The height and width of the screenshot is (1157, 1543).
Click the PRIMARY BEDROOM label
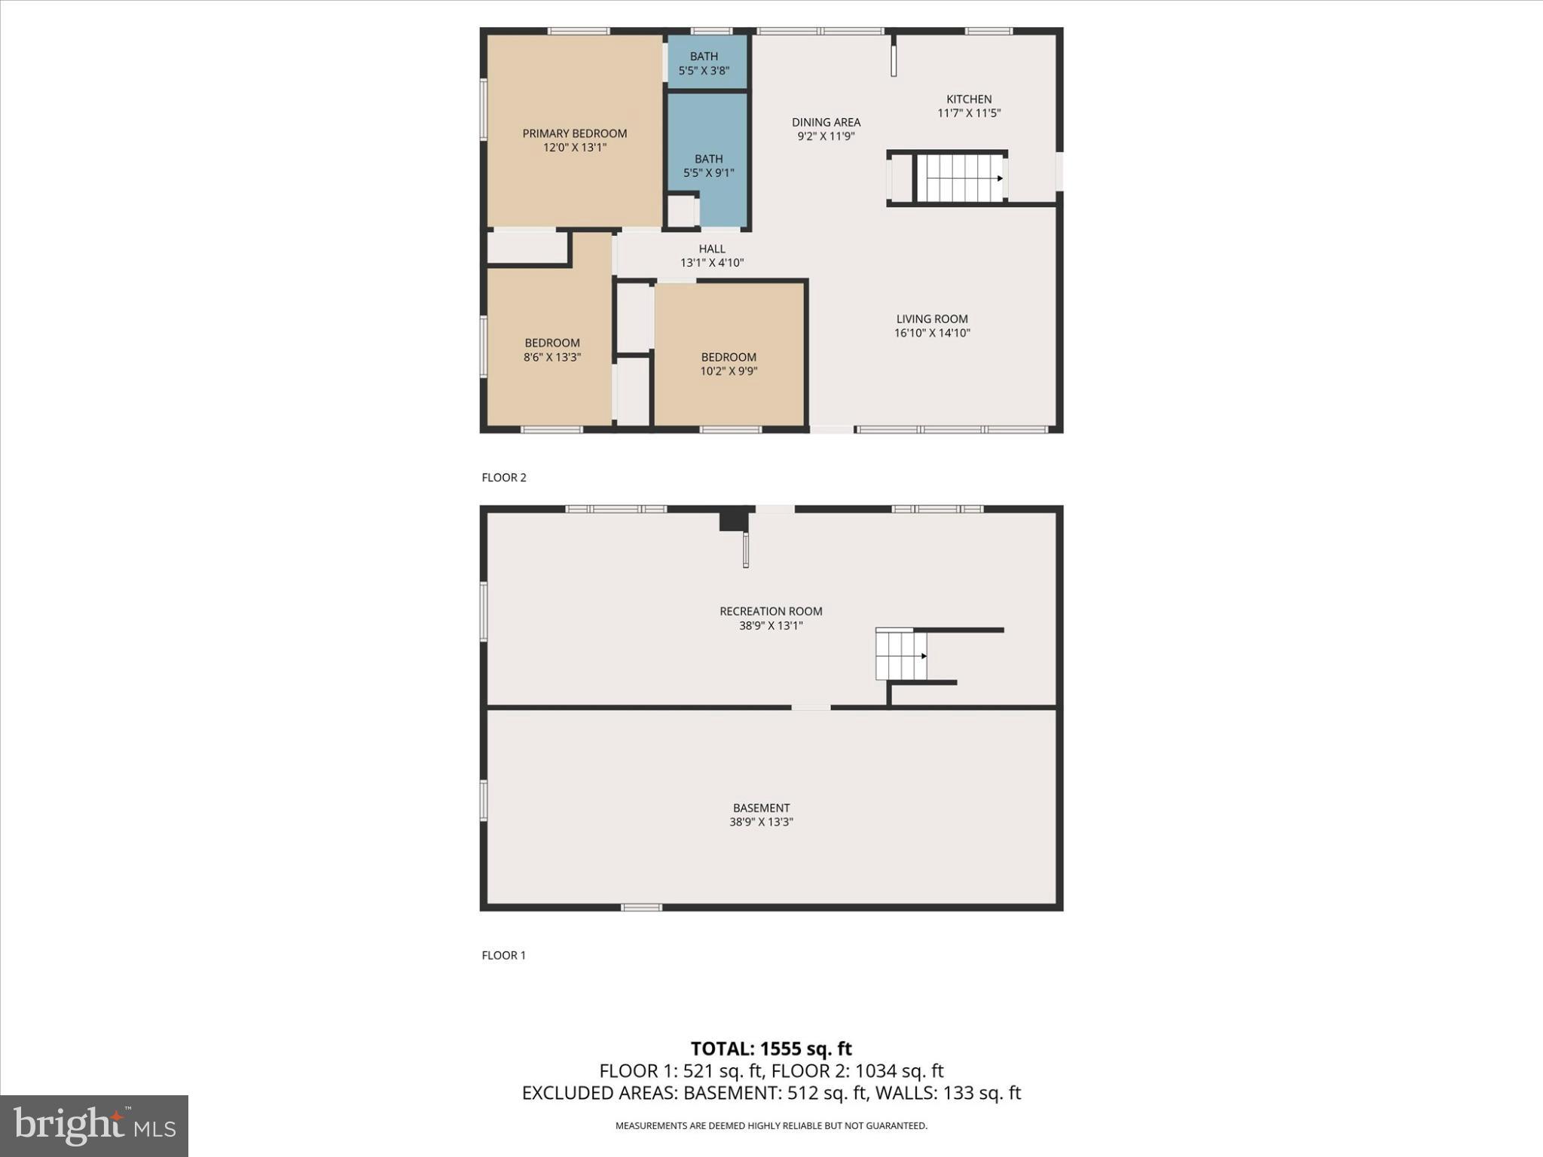(x=574, y=133)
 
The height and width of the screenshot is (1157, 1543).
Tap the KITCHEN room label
(x=969, y=99)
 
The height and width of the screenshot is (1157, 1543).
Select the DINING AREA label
(x=826, y=122)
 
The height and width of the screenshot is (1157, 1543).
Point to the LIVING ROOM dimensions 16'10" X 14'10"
(x=932, y=333)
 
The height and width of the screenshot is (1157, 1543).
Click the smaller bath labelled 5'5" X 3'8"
(x=704, y=63)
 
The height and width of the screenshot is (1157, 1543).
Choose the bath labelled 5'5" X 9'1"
(x=708, y=166)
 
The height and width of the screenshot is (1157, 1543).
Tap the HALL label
(x=711, y=249)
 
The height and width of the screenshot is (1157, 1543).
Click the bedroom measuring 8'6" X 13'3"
(x=552, y=350)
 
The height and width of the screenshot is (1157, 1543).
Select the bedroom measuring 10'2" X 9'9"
(x=729, y=364)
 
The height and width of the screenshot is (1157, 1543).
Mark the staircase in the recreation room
(x=900, y=655)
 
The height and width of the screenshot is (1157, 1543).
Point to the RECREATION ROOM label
(x=770, y=612)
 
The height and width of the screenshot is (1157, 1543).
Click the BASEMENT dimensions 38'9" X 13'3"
(x=761, y=823)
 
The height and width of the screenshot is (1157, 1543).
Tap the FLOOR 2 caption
(x=504, y=478)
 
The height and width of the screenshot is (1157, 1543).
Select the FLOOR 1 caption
(x=503, y=955)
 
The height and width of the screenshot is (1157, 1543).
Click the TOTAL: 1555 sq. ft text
(x=771, y=1049)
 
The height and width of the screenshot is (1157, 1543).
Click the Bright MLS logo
(x=94, y=1126)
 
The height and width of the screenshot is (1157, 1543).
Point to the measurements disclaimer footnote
(x=771, y=1126)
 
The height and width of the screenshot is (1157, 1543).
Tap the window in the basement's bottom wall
(x=641, y=908)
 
